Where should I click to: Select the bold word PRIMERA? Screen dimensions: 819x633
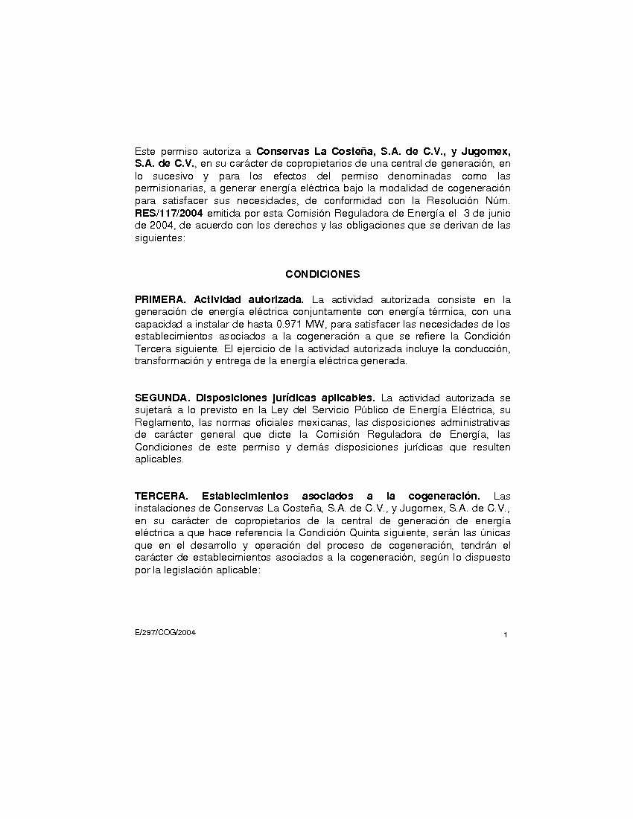coord(159,299)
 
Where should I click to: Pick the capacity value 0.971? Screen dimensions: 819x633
coord(289,325)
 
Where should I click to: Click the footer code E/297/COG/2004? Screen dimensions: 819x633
coord(165,632)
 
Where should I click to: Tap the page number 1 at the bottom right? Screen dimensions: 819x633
coord(506,635)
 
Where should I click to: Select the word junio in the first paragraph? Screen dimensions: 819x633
coord(497,214)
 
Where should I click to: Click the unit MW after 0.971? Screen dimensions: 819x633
coord(316,325)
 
